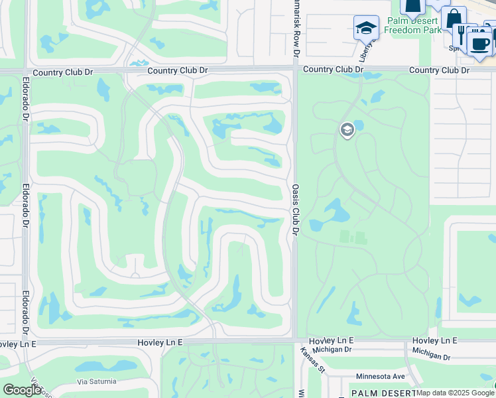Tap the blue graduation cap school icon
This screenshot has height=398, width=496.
coord(365,28)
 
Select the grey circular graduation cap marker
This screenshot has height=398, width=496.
coord(347,130)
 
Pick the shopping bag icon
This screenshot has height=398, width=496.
coord(455,18)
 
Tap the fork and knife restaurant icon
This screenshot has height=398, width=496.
coord(462,33)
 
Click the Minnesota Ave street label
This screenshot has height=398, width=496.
coord(380,376)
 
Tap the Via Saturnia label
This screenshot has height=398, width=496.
coord(96,381)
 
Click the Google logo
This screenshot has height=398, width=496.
coord(22,390)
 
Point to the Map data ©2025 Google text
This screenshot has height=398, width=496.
coord(456,393)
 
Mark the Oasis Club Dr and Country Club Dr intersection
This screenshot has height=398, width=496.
coord(295,70)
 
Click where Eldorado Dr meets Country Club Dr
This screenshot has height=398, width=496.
coord(25,70)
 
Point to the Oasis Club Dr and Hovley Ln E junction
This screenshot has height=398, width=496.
coord(295,340)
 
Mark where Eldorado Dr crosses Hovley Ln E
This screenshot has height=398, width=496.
coord(26,342)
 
